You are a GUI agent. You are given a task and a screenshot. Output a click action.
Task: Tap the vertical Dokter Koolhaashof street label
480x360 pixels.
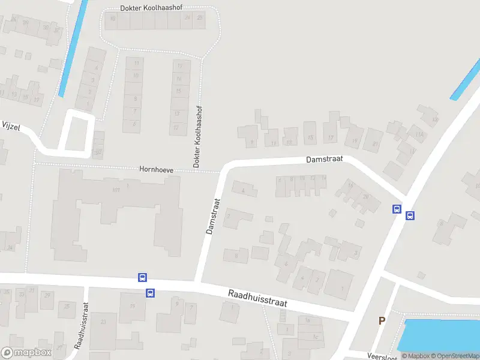[x=196, y=136]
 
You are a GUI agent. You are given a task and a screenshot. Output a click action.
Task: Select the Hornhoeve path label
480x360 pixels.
[x=157, y=170]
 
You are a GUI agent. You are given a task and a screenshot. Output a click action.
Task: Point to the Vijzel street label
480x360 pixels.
[x=11, y=125]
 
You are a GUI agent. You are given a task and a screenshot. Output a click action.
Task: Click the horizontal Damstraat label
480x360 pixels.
[x=324, y=160]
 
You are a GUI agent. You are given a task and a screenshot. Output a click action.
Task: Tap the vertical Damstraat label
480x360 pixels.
[x=213, y=216]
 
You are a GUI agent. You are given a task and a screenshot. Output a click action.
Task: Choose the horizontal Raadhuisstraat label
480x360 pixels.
[x=257, y=298]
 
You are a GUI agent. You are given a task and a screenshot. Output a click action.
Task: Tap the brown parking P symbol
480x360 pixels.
[x=381, y=321]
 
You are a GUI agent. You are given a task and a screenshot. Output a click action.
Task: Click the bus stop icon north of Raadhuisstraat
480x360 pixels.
[x=143, y=277]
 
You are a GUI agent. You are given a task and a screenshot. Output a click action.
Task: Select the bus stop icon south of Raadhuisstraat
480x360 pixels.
[x=150, y=293]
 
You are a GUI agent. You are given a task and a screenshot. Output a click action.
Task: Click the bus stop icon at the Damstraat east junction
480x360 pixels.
[x=397, y=209]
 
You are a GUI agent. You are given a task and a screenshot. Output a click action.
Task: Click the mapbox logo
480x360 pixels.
[x=26, y=353]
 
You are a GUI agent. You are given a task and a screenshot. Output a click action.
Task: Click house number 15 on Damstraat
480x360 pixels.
[x=310, y=138]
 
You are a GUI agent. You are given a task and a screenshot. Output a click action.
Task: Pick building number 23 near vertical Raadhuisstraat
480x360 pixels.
[x=104, y=322]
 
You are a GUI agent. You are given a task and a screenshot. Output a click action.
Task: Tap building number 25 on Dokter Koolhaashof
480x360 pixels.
[x=200, y=18]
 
